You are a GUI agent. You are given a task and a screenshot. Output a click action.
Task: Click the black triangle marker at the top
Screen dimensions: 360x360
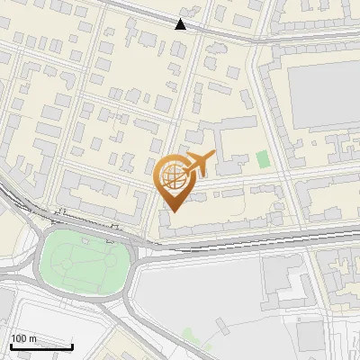point(181,24)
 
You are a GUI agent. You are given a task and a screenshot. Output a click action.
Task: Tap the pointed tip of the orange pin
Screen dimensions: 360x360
point(172,211)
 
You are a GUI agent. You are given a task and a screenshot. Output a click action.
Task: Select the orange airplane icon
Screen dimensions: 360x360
point(199,163)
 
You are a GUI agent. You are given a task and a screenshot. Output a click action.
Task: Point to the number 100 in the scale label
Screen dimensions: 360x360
point(19,338)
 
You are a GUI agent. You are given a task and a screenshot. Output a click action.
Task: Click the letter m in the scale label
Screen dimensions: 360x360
point(33,338)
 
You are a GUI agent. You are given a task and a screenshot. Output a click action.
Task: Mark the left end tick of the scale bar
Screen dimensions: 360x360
point(10,346)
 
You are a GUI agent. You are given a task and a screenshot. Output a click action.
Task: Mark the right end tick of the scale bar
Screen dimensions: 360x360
point(72,346)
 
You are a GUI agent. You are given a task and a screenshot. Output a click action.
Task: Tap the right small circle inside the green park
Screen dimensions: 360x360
point(103,263)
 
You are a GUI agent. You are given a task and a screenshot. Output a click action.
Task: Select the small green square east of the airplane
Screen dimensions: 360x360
point(262,159)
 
